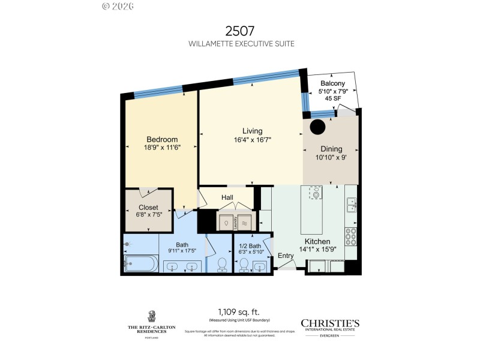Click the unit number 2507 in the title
(239, 31)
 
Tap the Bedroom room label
(162, 139)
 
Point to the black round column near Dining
(317, 127)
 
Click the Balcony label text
(332, 83)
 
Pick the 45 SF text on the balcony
(332, 98)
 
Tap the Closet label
(148, 208)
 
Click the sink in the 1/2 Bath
(259, 267)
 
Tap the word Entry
(286, 256)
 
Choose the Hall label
(227, 197)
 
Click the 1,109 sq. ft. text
(239, 322)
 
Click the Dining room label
(331, 149)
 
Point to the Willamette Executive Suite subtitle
(239, 44)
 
